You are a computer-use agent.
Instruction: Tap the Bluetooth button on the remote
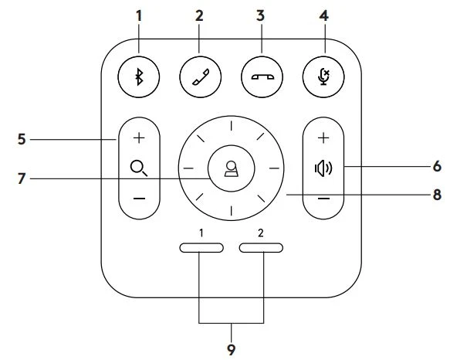click(x=140, y=77)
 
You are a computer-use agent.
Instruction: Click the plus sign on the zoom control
click(x=140, y=136)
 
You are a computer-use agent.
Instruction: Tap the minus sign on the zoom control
click(x=140, y=199)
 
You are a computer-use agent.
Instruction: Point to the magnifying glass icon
click(x=140, y=168)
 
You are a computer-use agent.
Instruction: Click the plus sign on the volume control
click(x=323, y=136)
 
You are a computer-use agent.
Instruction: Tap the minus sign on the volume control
click(x=323, y=199)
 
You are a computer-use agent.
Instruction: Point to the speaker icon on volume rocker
click(x=323, y=168)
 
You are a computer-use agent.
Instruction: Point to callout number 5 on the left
click(x=22, y=139)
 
